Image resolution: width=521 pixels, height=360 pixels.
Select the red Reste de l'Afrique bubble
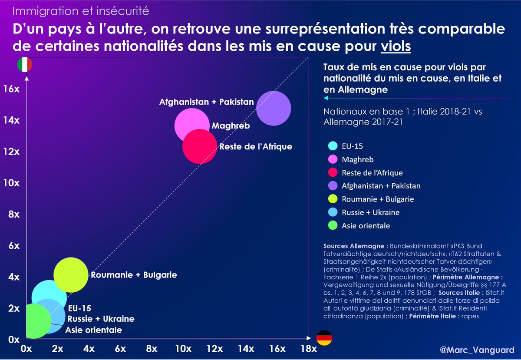coord(199,146)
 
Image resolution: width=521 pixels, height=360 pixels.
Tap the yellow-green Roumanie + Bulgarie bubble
coord(71,275)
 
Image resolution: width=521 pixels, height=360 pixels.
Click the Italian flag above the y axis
coord(24,65)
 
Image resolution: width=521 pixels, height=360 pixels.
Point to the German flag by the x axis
coord(324,337)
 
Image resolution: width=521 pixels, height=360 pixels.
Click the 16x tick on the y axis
coord(11,89)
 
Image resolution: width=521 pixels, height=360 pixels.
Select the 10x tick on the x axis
coord(183,349)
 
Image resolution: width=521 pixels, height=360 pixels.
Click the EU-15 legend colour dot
coord(333,146)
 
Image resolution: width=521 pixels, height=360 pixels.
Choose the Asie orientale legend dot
coord(333,226)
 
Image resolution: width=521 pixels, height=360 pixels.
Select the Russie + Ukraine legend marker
coord(333,212)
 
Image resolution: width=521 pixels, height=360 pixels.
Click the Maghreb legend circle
coord(333,160)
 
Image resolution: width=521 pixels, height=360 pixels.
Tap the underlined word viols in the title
coord(396,45)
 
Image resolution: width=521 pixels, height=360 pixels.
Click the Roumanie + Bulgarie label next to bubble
coord(133,275)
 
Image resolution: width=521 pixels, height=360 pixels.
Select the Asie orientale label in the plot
coord(93,330)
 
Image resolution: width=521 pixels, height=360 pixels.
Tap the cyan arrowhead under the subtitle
coord(326,98)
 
